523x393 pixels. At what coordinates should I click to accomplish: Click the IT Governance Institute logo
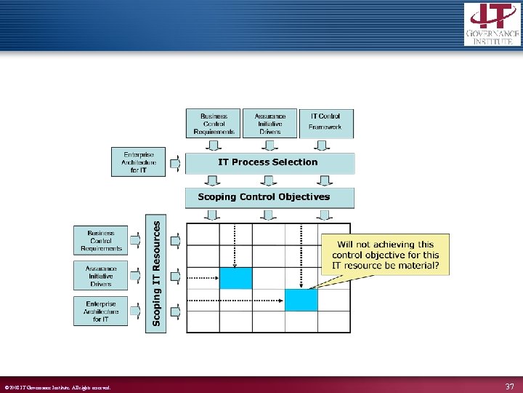pos(492,23)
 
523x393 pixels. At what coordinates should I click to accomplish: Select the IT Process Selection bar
pos(269,162)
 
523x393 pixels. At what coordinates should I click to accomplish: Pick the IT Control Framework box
pos(325,122)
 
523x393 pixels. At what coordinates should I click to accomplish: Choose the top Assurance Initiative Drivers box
pos(269,123)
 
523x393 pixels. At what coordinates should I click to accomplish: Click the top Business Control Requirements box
pos(214,123)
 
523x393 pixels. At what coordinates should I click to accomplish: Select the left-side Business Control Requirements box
pos(100,240)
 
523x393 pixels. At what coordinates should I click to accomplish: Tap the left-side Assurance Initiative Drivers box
pos(100,275)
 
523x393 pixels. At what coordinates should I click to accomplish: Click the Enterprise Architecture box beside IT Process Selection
pos(138,162)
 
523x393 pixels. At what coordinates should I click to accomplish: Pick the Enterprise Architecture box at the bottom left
pos(100,311)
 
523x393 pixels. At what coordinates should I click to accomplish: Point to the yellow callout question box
pos(385,255)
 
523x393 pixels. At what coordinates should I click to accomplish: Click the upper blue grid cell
pos(235,278)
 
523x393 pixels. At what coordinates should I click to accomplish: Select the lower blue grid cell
pos(301,300)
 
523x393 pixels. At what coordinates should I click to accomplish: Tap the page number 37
pos(509,386)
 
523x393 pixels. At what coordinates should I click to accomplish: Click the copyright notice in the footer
pos(58,387)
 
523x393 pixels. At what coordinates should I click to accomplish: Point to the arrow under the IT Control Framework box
pos(325,146)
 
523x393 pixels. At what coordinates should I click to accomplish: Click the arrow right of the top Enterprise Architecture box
pos(174,163)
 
